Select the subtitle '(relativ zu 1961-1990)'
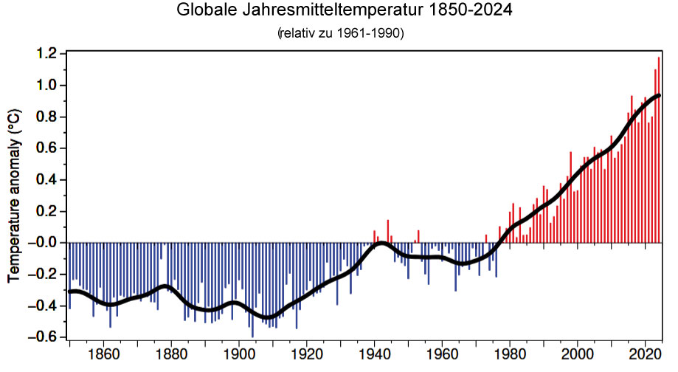pyautogui.click(x=341, y=33)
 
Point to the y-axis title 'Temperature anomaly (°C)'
pyautogui.click(x=14, y=196)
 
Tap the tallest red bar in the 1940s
pyautogui.click(x=388, y=231)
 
